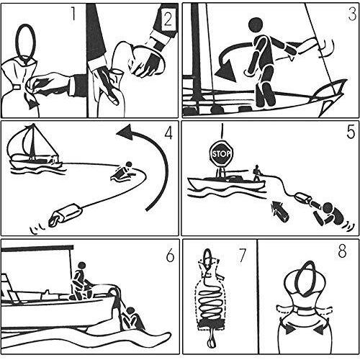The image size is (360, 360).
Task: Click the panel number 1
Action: click(73, 14)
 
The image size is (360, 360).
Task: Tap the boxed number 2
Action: click(168, 19)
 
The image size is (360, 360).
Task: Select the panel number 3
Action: click(352, 14)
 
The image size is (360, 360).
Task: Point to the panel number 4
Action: click(168, 132)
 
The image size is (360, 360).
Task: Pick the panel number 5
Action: click(351, 132)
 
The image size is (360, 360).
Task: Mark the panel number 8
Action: click(342, 251)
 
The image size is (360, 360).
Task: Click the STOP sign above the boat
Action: click(221, 153)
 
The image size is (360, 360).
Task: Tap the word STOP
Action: click(221, 154)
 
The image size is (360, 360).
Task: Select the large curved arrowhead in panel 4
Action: click(125, 132)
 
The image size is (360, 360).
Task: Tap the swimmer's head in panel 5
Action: click(328, 208)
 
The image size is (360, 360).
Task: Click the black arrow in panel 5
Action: click(279, 212)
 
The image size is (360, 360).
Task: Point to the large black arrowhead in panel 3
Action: click(226, 71)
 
